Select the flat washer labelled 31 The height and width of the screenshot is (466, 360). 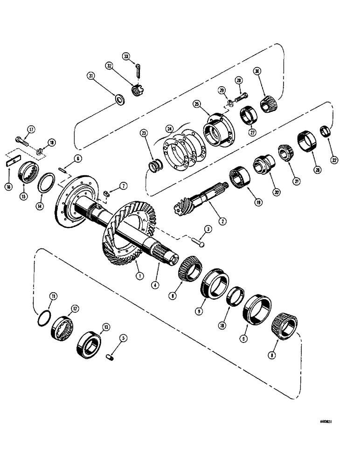(119, 99)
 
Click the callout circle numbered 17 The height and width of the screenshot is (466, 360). (31, 130)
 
